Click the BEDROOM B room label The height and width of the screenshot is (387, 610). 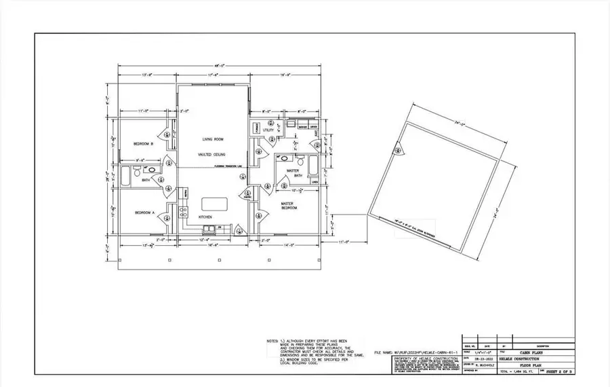click(143, 144)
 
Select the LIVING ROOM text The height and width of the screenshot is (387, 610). click(212, 139)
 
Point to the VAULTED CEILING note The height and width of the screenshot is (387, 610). click(212, 155)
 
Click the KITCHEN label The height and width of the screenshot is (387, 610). click(205, 217)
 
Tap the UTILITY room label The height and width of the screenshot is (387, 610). click(268, 130)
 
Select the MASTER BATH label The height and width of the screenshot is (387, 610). click(293, 172)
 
